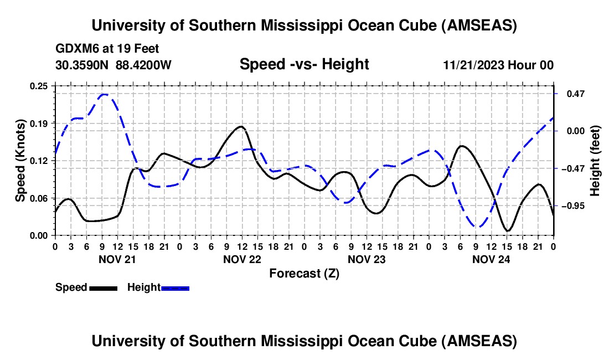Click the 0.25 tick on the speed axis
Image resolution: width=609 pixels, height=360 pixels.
tap(42, 86)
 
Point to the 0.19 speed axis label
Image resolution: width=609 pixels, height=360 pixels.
tap(42, 123)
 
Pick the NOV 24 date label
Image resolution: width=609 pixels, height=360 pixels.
tap(492, 259)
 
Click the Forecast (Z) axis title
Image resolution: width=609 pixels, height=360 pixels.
tap(304, 273)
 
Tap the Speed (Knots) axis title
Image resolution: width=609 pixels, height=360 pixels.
tap(20, 161)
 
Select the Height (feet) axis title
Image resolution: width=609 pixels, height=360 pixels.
tap(595, 161)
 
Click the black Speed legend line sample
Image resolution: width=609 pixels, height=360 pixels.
tap(103, 288)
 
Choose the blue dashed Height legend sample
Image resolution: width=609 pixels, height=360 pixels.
tap(176, 288)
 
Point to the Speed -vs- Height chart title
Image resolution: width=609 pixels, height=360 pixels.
tap(304, 65)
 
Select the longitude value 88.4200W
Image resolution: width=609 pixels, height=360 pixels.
tap(143, 65)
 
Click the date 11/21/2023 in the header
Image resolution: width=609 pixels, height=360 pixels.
tap(473, 65)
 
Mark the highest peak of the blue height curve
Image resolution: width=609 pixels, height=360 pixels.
tap(104, 95)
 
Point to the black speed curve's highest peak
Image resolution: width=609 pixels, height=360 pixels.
tap(240, 126)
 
